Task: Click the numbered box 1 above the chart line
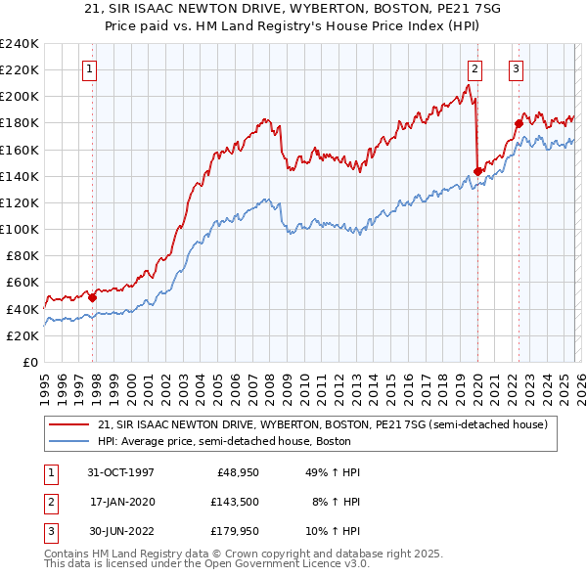(89, 68)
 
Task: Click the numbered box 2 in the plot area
(474, 68)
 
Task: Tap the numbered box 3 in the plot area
(516, 68)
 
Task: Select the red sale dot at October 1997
(93, 297)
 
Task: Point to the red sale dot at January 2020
(477, 171)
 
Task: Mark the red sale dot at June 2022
(519, 123)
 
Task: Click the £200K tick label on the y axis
(19, 97)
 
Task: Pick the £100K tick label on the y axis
(19, 229)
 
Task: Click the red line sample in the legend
(68, 424)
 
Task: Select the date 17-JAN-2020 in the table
(122, 501)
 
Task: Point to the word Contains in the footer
(68, 554)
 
